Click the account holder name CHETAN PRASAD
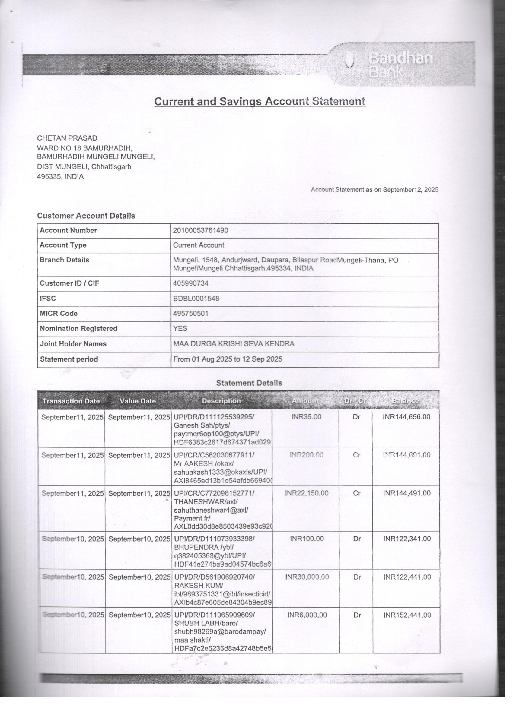click(x=67, y=138)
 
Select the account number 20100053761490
click(x=200, y=230)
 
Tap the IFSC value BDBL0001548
click(x=196, y=299)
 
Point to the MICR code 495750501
click(x=190, y=313)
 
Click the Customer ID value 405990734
click(x=190, y=283)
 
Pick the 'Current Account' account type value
click(x=199, y=245)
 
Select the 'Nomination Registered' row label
click(x=78, y=329)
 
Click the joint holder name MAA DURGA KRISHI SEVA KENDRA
click(x=233, y=343)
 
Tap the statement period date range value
click(x=228, y=359)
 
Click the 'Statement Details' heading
click(x=249, y=383)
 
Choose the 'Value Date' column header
click(x=138, y=401)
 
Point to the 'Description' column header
click(x=221, y=401)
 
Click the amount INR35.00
click(x=306, y=417)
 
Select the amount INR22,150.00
click(x=306, y=493)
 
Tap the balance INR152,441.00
click(x=407, y=615)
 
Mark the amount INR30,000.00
click(x=307, y=577)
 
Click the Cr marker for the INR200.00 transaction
click(x=356, y=455)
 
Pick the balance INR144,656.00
click(x=406, y=417)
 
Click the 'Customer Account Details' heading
click(x=86, y=216)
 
